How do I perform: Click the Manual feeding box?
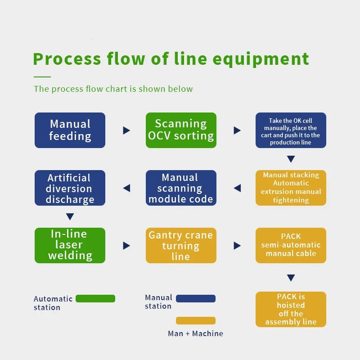click(70, 130)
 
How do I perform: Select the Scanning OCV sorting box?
click(181, 130)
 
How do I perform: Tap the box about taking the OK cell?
click(291, 130)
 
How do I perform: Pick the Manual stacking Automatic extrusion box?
click(291, 188)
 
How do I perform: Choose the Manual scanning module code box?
click(181, 188)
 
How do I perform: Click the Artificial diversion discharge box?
click(70, 188)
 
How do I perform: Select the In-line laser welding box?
click(70, 245)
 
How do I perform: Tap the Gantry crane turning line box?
click(181, 245)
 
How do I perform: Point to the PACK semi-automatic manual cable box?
click(291, 245)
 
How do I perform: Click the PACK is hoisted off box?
click(291, 309)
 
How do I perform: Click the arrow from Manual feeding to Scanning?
click(126, 130)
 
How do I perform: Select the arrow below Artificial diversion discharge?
click(70, 216)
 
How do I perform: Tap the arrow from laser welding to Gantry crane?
click(126, 246)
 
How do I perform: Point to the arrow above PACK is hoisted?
click(291, 278)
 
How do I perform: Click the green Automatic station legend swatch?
click(95, 298)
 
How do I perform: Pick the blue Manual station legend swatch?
click(196, 298)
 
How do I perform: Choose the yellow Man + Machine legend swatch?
click(196, 320)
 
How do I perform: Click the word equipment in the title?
click(261, 59)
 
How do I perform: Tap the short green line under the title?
click(42, 76)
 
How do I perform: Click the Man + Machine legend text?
click(195, 333)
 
